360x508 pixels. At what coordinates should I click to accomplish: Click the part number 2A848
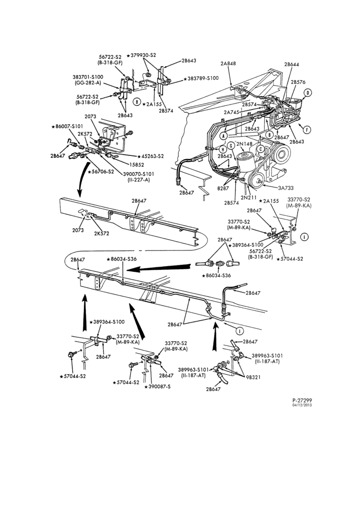(228, 63)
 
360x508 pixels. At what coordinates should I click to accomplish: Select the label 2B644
(291, 65)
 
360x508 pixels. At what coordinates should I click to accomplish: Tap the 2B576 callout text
(298, 82)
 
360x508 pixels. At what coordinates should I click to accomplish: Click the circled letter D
(308, 93)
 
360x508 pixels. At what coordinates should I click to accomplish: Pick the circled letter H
(223, 149)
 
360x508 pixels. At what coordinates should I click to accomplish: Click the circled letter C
(260, 149)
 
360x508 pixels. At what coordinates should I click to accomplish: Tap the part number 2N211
(249, 197)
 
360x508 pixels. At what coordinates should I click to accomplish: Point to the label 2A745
(231, 112)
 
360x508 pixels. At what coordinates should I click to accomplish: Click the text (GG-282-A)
(87, 83)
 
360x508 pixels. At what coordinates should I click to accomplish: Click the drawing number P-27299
(302, 400)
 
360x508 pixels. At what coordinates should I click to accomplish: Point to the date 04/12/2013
(302, 405)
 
